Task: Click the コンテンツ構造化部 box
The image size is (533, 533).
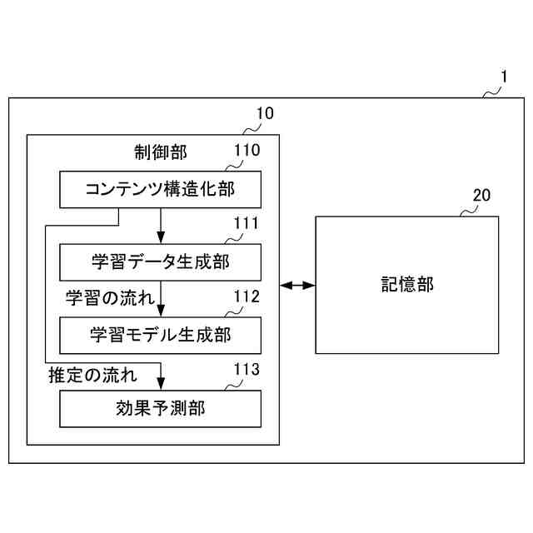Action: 161,189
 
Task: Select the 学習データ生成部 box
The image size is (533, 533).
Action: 161,262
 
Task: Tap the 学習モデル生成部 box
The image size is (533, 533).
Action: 161,335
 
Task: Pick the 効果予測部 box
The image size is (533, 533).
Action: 161,408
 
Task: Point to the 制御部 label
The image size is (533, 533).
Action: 161,152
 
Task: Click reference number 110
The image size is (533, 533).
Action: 247,151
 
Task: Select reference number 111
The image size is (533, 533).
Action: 247,223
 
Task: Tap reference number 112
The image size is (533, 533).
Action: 247,296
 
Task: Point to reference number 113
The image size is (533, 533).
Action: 247,369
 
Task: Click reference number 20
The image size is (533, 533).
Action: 481,195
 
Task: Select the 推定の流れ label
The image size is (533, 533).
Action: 92,371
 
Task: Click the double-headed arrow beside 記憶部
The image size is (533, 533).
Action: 297,286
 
